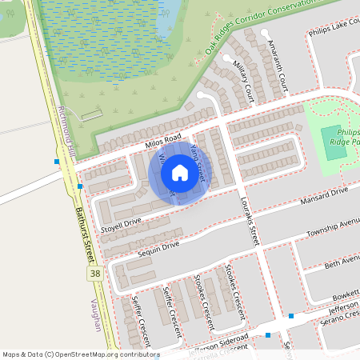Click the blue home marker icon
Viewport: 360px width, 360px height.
point(179,172)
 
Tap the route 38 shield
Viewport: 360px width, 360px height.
point(95,274)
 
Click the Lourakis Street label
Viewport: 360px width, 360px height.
point(250,221)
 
